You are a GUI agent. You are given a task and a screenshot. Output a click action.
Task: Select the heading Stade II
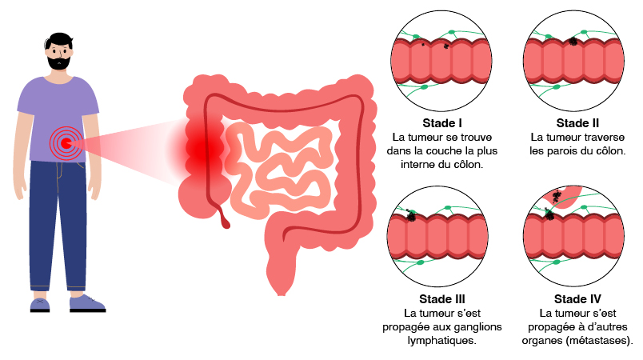point(577,123)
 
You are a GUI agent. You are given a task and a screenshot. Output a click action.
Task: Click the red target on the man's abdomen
point(65,144)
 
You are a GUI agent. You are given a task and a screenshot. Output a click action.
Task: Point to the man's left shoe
point(86,303)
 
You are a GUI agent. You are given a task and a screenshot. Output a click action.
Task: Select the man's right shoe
point(40,304)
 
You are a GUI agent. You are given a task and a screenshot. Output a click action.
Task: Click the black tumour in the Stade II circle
point(573,41)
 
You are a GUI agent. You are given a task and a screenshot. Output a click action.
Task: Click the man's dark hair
point(58,39)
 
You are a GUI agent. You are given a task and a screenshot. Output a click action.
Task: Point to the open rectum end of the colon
point(281,290)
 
